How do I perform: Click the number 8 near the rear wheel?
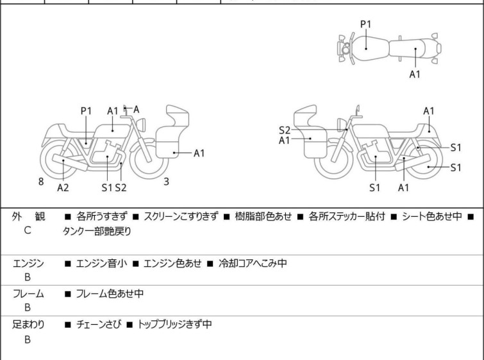(x=41, y=182)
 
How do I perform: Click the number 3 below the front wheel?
(x=166, y=182)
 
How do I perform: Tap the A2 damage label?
(x=63, y=187)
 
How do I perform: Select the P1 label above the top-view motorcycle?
(x=365, y=24)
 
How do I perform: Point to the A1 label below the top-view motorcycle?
(x=415, y=74)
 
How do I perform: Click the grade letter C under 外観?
(x=28, y=232)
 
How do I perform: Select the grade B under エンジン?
(x=28, y=277)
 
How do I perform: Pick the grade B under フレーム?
(x=28, y=307)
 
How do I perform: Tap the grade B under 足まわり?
(x=28, y=339)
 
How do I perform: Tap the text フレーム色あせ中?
(x=110, y=294)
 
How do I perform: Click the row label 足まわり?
(x=28, y=325)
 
